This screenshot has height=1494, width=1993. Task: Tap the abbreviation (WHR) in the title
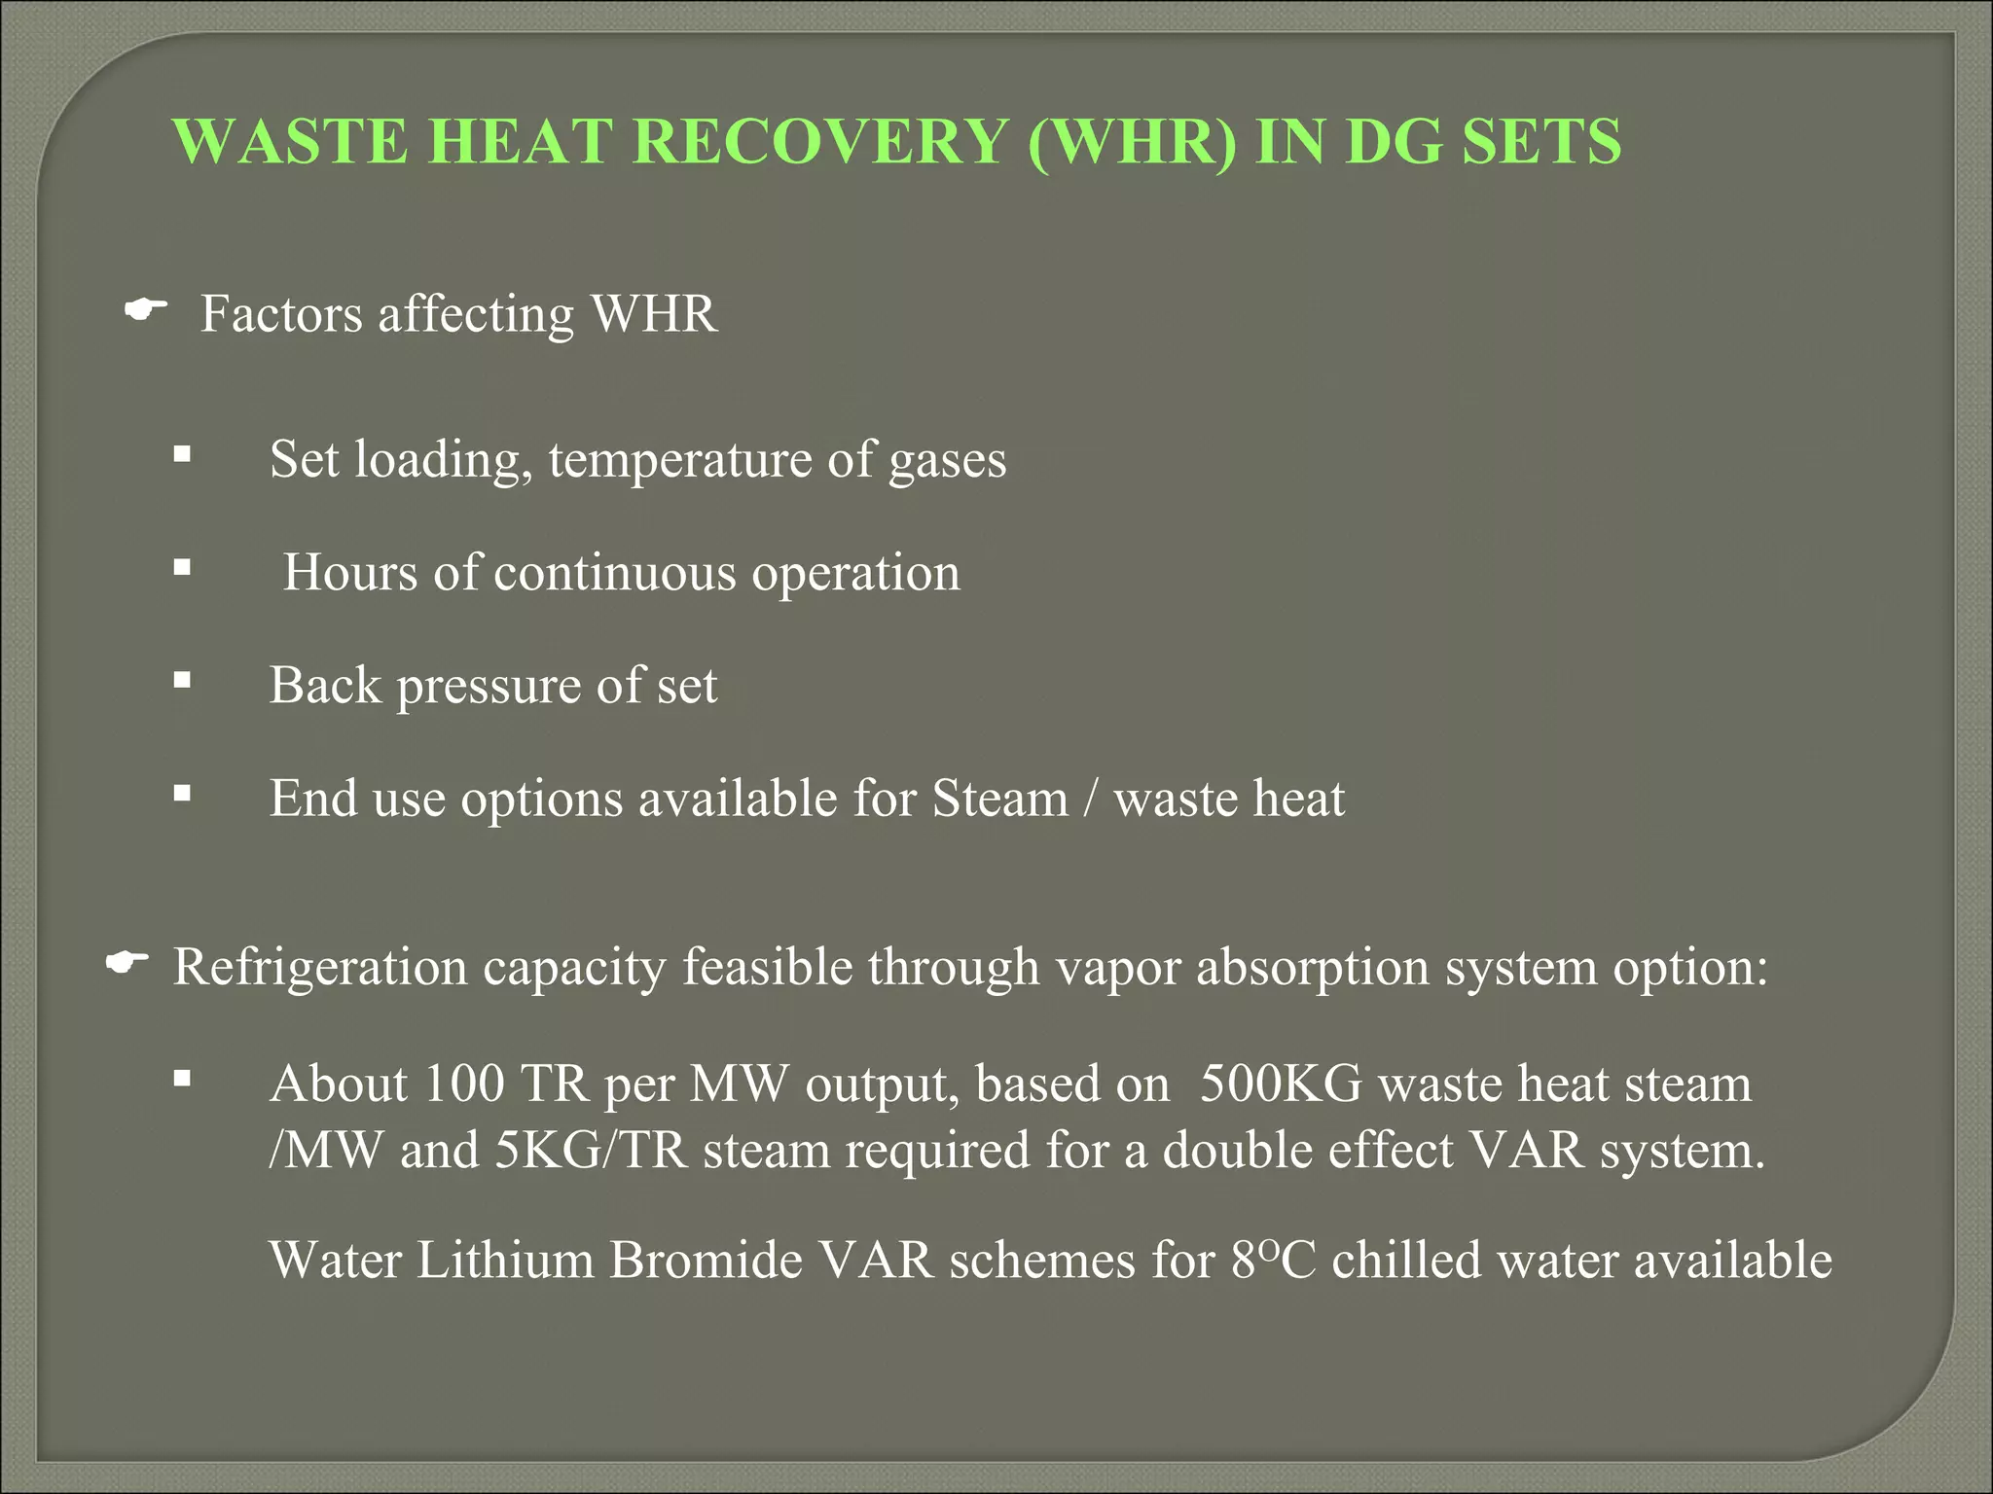1132,142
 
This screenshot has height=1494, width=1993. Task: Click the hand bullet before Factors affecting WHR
146,310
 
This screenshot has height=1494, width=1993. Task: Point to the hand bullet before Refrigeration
127,963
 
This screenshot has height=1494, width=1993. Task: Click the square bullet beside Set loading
182,454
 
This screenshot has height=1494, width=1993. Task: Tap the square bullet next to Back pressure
182,681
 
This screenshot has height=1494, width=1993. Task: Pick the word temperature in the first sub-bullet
680,460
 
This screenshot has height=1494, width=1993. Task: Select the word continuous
615,572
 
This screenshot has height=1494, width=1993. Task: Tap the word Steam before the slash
999,799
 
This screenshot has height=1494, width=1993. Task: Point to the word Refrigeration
320,968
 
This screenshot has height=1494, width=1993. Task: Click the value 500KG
1281,1084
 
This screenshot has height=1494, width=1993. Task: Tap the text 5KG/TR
592,1150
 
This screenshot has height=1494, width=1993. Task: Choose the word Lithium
505,1261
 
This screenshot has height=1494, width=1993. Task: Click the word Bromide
707,1261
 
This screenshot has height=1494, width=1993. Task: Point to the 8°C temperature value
1273,1261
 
